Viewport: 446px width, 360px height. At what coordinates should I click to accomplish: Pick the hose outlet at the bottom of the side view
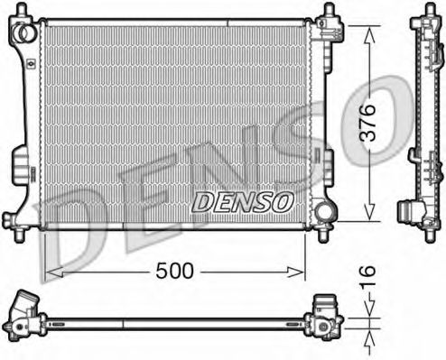pyautogui.click(x=412, y=215)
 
